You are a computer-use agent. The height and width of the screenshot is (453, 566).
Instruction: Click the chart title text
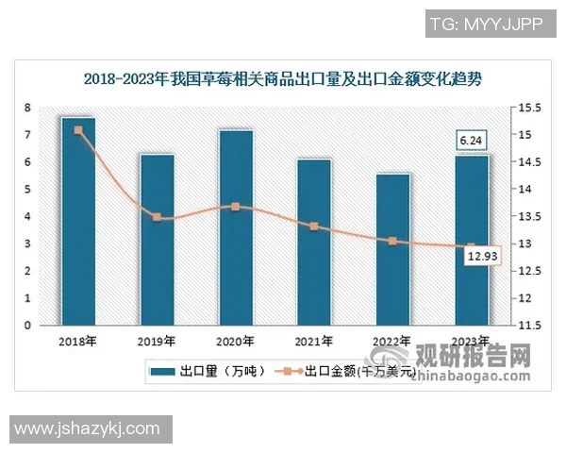click(283, 78)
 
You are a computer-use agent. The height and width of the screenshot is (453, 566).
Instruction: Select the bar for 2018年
click(78, 222)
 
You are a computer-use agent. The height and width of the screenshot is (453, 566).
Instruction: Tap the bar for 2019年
click(157, 240)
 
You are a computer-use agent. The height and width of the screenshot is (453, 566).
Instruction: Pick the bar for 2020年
click(236, 227)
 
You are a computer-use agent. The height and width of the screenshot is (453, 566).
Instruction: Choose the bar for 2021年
click(314, 243)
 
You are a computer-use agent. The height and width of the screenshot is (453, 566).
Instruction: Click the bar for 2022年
click(392, 249)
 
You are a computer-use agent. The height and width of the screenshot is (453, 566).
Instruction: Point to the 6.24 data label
click(471, 141)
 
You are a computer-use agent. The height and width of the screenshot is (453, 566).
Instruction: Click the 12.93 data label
click(483, 256)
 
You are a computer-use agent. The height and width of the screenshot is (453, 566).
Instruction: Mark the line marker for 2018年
click(78, 130)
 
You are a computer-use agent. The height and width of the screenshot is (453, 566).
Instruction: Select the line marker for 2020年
click(236, 207)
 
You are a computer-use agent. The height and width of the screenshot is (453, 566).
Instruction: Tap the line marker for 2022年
click(392, 241)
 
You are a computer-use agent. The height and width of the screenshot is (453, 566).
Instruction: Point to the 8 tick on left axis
click(29, 108)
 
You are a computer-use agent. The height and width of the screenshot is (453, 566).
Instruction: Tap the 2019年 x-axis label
click(157, 341)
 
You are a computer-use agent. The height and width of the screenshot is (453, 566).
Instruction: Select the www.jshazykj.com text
click(87, 429)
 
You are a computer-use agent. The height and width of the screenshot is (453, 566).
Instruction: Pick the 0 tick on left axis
click(29, 326)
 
